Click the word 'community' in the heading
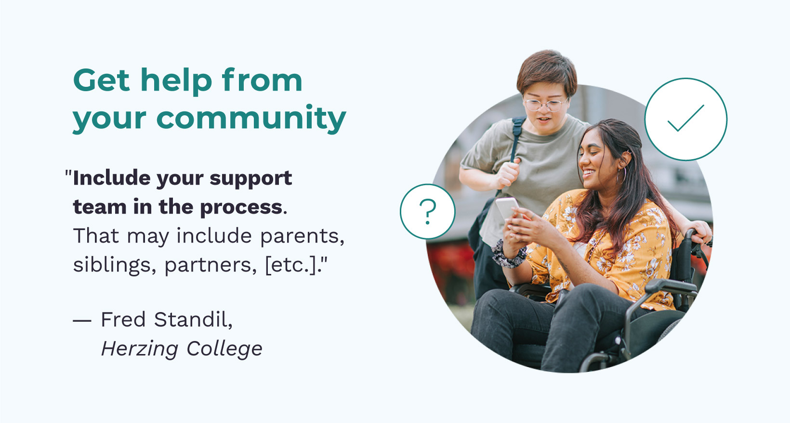(251, 119)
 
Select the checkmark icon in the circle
(685, 118)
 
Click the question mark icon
(428, 211)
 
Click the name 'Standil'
(193, 320)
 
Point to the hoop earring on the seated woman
(621, 176)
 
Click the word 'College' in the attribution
(224, 349)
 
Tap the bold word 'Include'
(111, 177)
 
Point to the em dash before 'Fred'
(82, 321)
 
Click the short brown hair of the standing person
(547, 70)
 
